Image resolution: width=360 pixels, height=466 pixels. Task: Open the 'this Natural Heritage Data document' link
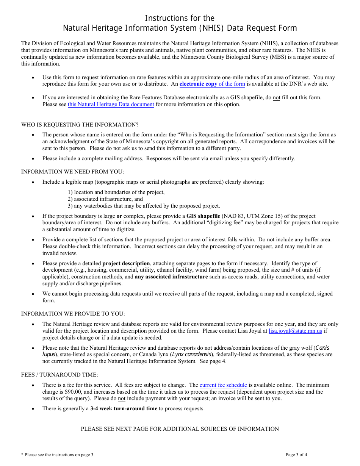click(111, 104)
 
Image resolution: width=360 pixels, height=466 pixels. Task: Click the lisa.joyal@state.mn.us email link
click(295, 331)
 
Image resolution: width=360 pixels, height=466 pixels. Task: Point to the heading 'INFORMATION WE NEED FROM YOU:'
click(72, 172)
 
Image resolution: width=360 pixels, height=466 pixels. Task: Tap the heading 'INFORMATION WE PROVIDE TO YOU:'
click(73, 314)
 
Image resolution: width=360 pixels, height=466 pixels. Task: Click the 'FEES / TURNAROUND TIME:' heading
click(59, 375)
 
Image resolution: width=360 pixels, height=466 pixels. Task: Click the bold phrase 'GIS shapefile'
click(203, 216)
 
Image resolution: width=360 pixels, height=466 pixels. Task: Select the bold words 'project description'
click(126, 263)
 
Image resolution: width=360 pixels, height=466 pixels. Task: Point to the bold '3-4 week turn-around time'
click(124, 408)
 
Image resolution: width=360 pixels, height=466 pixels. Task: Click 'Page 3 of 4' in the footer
click(296, 455)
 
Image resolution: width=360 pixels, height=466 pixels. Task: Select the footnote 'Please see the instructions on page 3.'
click(58, 455)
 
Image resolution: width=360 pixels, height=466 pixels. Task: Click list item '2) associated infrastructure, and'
click(105, 199)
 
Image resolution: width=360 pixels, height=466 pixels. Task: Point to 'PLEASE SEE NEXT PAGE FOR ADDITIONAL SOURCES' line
click(180, 429)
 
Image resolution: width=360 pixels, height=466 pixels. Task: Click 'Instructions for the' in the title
click(180, 18)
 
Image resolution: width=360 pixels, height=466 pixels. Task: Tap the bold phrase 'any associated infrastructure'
click(171, 277)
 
